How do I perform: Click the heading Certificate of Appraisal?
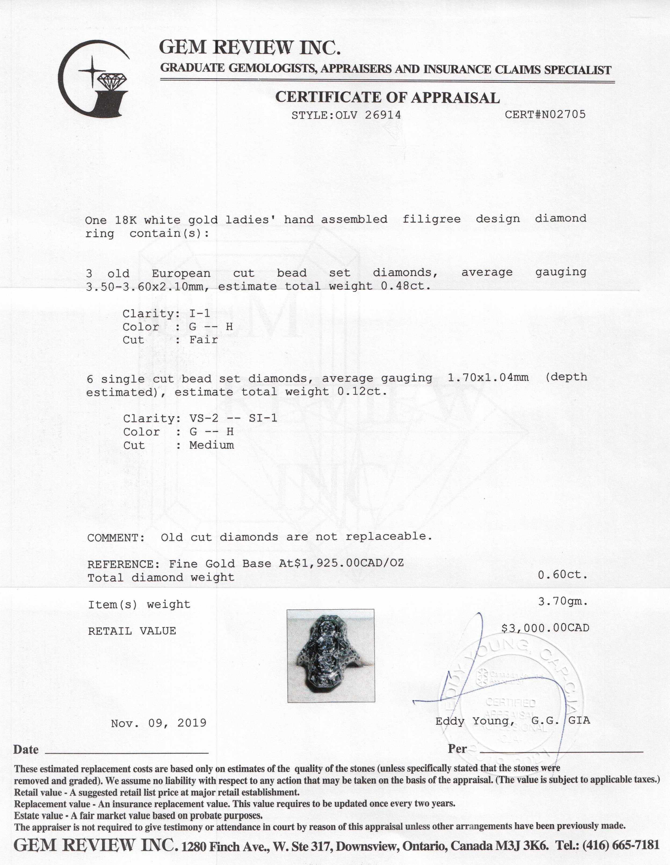pos(387,97)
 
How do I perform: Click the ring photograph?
pos(331,656)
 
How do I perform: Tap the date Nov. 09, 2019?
pos(159,723)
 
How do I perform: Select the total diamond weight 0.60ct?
pos(562,575)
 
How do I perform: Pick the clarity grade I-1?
pos(200,314)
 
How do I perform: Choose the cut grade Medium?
pos(212,445)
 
